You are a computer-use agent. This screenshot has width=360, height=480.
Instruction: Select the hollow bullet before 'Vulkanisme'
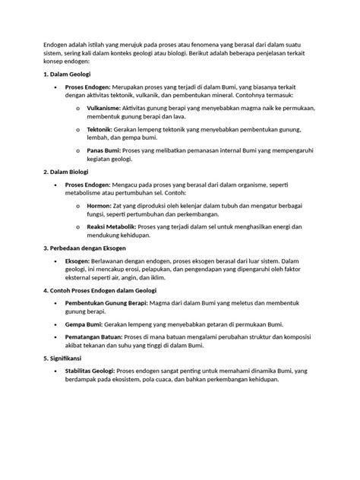pos(77,109)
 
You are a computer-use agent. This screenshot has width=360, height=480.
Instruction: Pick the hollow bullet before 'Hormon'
pos(77,206)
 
